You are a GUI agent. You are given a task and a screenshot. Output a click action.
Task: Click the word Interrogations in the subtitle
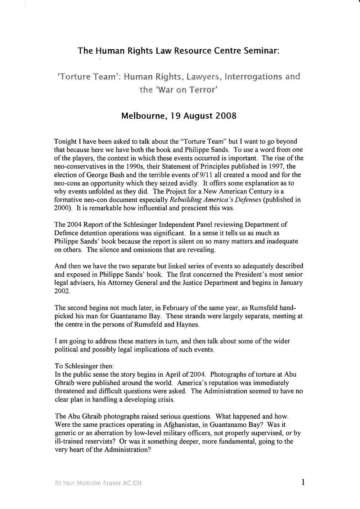click(x=251, y=76)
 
